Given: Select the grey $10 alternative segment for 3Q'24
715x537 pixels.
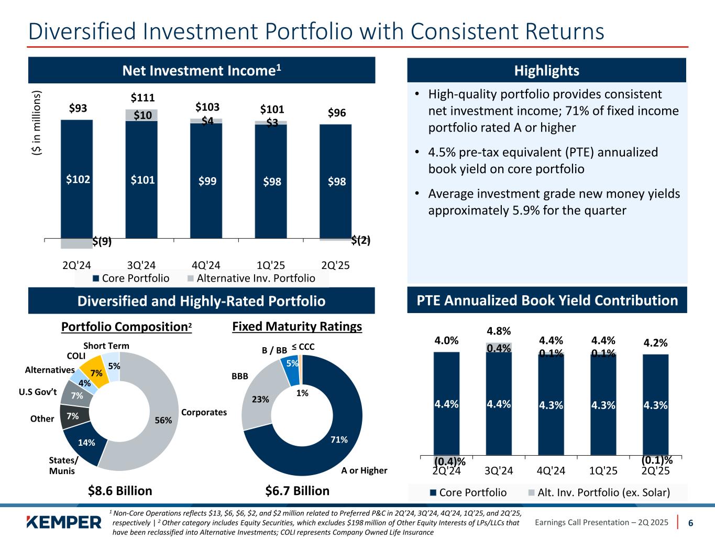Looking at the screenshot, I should pos(142,115).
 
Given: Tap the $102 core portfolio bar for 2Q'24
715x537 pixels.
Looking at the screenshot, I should pos(78,179).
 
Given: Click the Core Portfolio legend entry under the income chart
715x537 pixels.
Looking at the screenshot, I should pos(131,278).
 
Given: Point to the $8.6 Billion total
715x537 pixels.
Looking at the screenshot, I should pos(120,491).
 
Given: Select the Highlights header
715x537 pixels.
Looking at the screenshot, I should pos(547,71).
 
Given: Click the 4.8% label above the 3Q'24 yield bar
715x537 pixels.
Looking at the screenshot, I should pos(499,331).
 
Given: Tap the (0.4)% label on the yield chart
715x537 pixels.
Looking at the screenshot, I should pos(449,461).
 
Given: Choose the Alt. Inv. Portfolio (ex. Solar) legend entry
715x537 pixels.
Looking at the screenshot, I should pos(600,492).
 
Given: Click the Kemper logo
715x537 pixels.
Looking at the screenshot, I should pos(63,522).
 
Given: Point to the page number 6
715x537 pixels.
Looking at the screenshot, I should pos(691,522).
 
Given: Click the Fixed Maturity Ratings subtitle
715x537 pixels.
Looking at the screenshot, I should pos(297,327).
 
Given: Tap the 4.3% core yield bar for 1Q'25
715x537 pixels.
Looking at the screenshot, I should pos(603,405).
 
